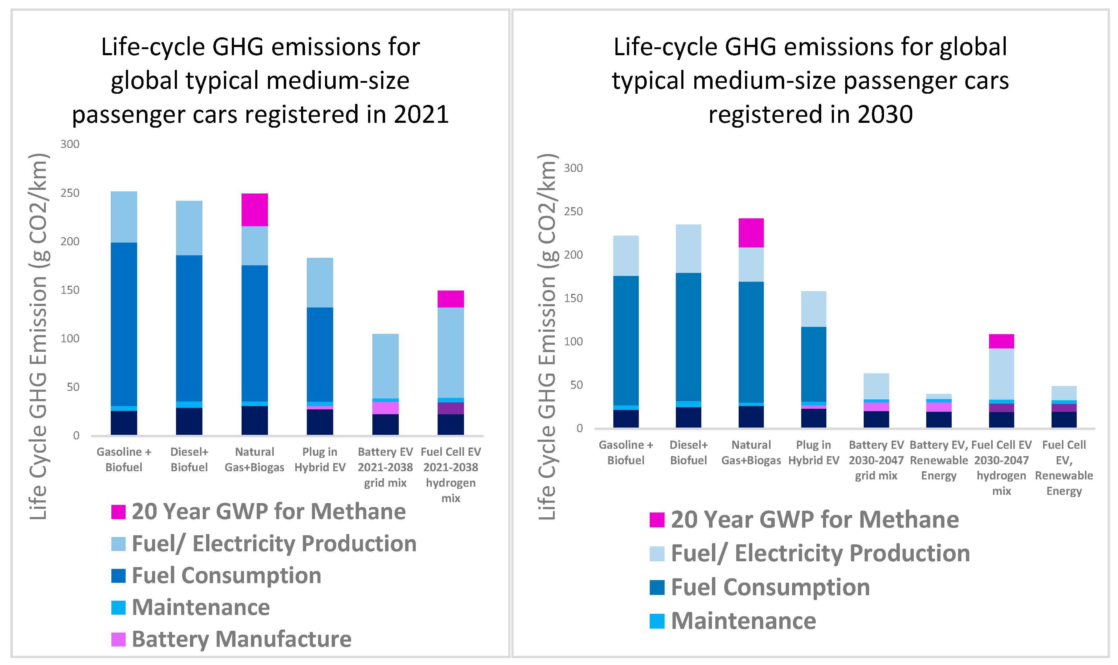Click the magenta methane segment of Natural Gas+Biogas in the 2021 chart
[x=254, y=210]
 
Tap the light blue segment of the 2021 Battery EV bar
[x=385, y=366]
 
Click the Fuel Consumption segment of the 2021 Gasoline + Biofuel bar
[x=124, y=324]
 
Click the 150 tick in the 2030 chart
[x=573, y=298]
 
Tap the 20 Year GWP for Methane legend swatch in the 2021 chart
[x=118, y=512]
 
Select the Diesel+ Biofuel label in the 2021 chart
[x=189, y=459]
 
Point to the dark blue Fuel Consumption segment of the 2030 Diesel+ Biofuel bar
[x=688, y=337]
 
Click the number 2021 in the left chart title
[x=421, y=114]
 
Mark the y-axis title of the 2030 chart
[x=547, y=336]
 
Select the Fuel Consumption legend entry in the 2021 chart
[x=226, y=575]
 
